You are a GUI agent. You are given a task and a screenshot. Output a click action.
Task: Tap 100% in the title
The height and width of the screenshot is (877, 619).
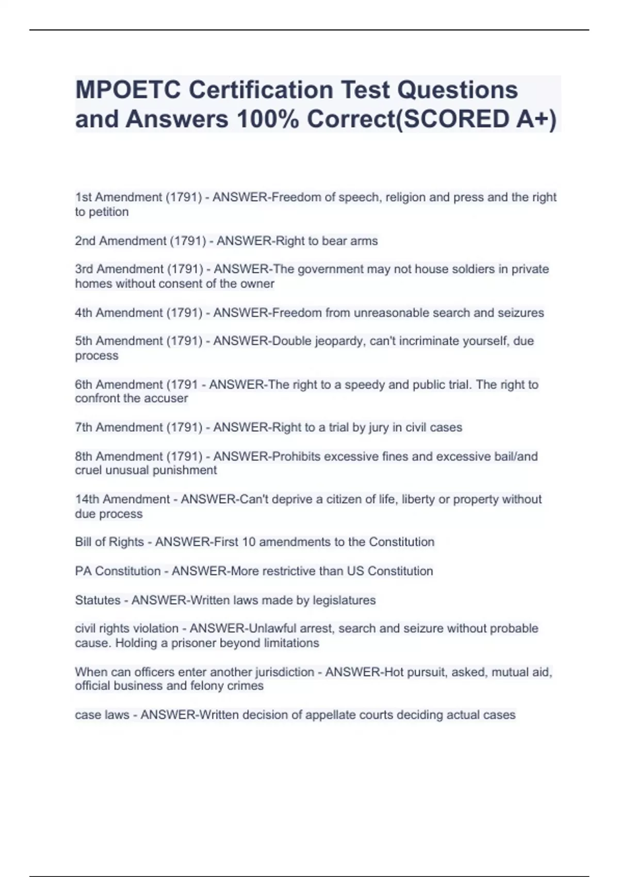268,119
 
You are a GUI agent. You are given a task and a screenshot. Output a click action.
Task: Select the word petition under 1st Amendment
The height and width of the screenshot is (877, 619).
108,212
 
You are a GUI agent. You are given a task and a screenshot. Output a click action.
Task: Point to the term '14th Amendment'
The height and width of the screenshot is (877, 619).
122,499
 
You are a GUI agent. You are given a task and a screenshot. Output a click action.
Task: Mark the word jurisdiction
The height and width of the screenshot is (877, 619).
283,672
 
